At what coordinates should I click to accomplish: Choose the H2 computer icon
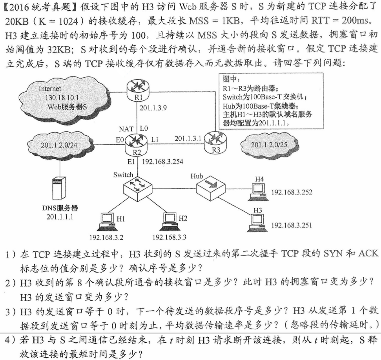(x=169, y=221)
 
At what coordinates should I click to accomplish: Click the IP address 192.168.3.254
(x=162, y=161)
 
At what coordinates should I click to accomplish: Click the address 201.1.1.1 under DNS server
(x=60, y=216)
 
